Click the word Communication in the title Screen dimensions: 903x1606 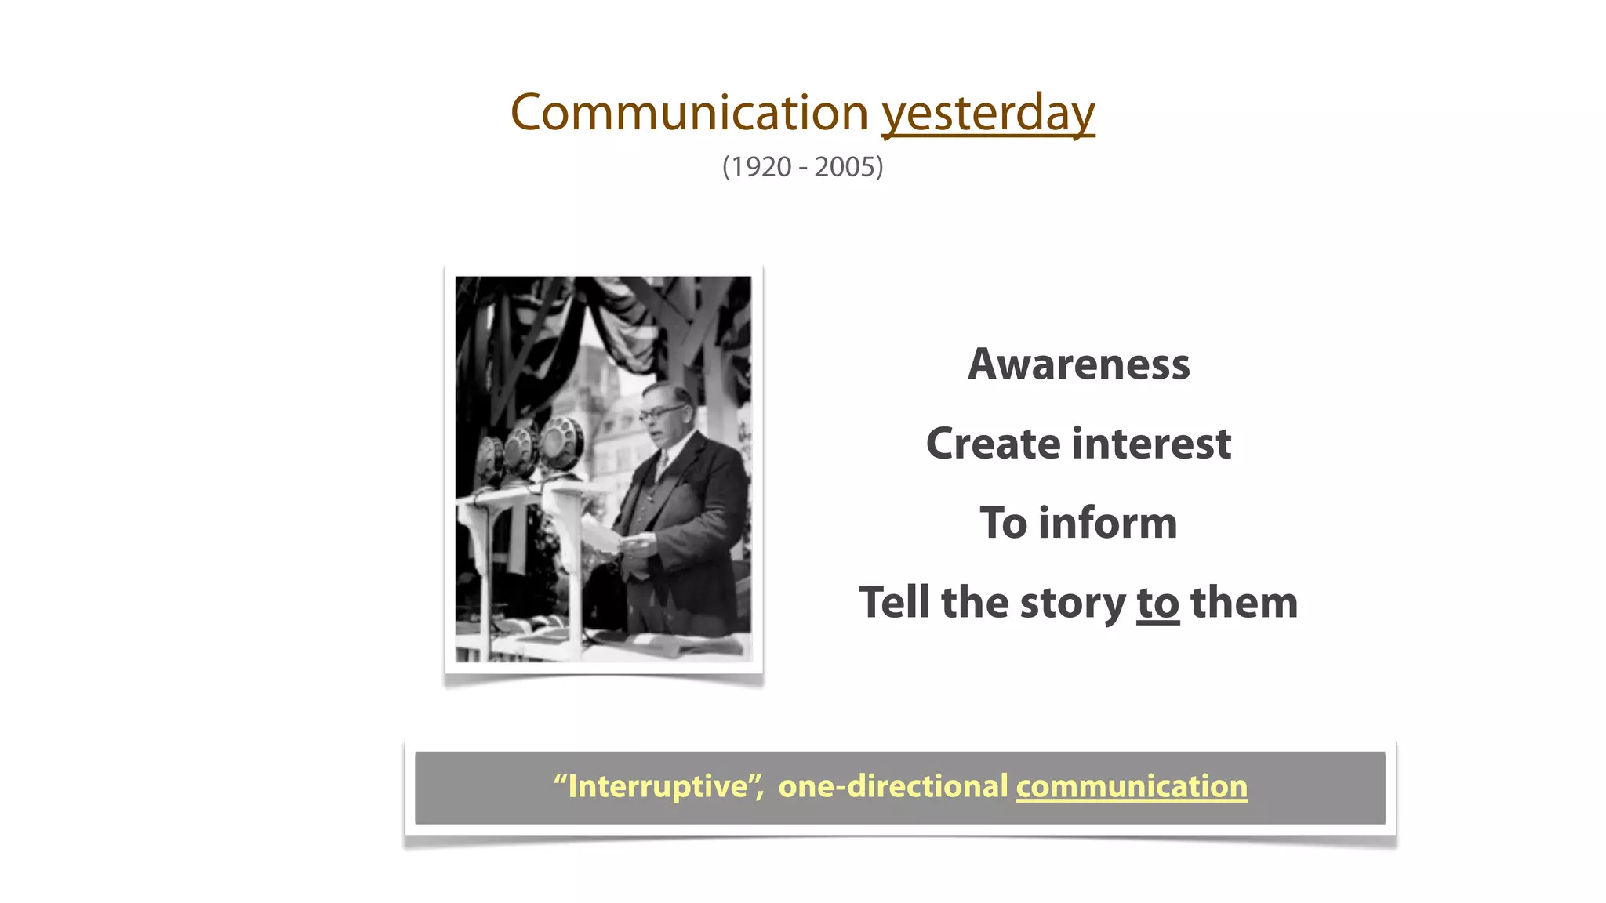pyautogui.click(x=689, y=113)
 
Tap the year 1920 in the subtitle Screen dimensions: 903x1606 pyautogui.click(x=757, y=167)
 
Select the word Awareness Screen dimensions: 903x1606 pyautogui.click(x=1078, y=364)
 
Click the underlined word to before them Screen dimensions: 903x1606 pyautogui.click(x=1157, y=603)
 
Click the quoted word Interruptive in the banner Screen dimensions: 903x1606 pyautogui.click(x=657, y=786)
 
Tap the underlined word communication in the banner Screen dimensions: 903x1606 pyautogui.click(x=1131, y=786)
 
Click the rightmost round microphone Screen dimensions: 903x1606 pyautogui.click(x=561, y=444)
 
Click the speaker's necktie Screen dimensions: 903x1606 pyautogui.click(x=661, y=466)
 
